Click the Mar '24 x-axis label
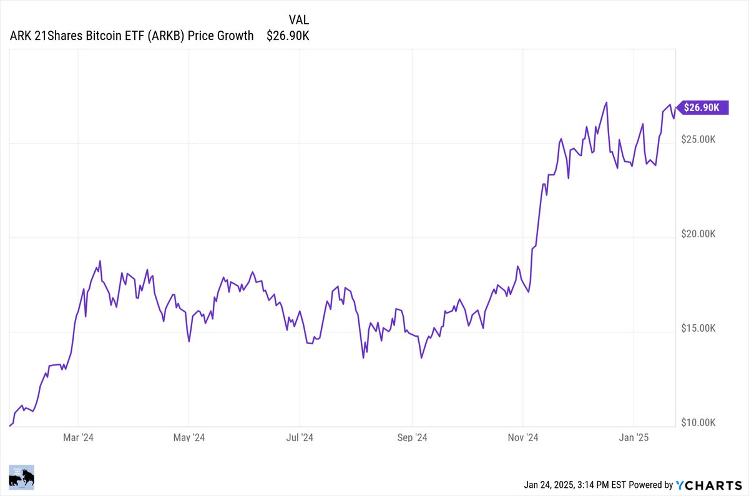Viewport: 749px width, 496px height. (x=79, y=437)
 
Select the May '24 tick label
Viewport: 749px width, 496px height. (x=190, y=437)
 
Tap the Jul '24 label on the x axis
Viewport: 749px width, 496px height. (x=300, y=437)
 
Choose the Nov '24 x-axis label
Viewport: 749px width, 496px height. (x=523, y=437)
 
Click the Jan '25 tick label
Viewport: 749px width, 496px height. (x=634, y=437)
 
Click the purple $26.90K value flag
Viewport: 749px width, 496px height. (x=702, y=107)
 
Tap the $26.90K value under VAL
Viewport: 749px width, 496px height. (x=288, y=36)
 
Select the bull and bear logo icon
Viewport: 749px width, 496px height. (x=22, y=478)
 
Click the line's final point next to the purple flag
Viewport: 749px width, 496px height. (x=675, y=108)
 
